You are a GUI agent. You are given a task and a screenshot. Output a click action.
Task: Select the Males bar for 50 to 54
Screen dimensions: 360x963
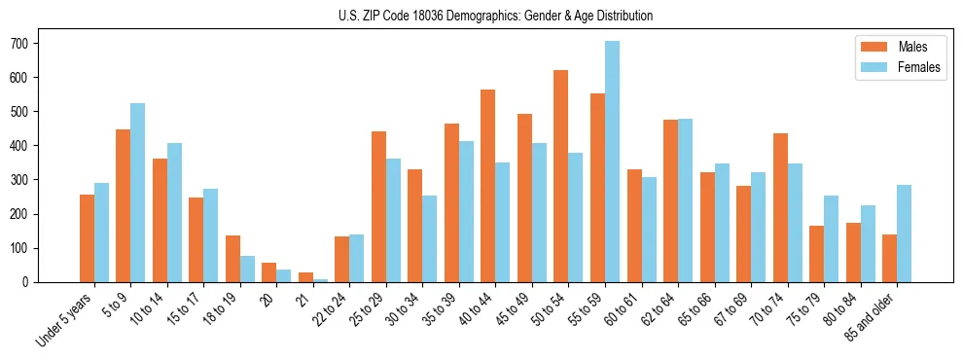coord(561,176)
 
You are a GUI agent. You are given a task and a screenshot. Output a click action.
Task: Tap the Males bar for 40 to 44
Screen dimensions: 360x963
coord(488,186)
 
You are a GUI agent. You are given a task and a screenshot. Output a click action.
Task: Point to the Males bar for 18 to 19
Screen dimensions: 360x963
coord(232,259)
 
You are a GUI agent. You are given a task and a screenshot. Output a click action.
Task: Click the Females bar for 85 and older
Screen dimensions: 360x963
coord(904,234)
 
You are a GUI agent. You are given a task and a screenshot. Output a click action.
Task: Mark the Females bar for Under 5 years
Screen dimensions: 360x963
coord(101,233)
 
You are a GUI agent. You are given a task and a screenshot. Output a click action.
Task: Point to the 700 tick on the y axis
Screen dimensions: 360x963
coord(37,44)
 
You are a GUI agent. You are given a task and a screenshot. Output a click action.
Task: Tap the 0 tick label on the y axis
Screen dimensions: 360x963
coord(29,282)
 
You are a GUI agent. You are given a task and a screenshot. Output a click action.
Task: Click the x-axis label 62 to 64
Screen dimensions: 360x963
coord(659,306)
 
